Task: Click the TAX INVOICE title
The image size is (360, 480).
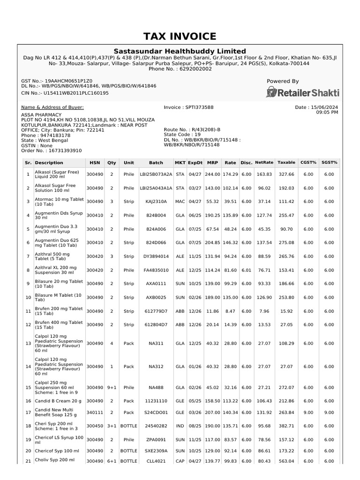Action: (x=180, y=37)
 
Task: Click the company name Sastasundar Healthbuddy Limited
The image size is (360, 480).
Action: (x=180, y=51)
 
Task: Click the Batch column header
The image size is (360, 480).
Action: (x=156, y=163)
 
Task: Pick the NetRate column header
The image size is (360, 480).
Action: (x=264, y=163)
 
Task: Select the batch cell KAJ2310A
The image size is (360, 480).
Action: (x=156, y=202)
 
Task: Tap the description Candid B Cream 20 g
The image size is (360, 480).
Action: (x=58, y=401)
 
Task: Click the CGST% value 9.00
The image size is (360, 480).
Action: (x=308, y=412)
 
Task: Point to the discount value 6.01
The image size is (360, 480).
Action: (x=246, y=270)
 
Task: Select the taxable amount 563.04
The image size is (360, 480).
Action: (x=286, y=461)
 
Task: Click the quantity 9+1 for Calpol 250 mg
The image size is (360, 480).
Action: (x=112, y=388)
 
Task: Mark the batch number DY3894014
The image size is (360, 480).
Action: (x=156, y=256)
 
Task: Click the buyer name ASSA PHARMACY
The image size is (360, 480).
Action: (x=41, y=114)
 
